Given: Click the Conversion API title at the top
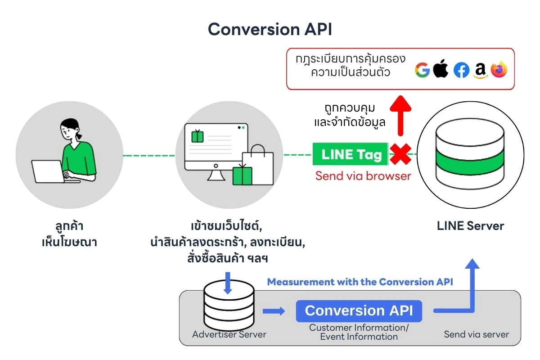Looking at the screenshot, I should (x=270, y=29).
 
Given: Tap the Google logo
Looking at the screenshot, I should (x=423, y=70).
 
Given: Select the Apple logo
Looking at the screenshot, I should (x=441, y=69).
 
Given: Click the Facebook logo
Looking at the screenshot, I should (x=461, y=70).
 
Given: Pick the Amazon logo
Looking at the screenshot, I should (x=480, y=71).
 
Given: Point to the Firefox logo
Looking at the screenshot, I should (x=499, y=70).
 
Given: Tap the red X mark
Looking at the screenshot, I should (x=400, y=155).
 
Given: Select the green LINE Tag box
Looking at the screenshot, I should (x=350, y=154).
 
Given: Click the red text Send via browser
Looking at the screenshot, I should (x=363, y=176).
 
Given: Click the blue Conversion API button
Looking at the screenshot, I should (x=359, y=311).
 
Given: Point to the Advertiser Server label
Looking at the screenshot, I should (x=229, y=334).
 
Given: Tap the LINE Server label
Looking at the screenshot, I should (x=470, y=226).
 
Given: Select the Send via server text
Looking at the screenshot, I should (x=476, y=334).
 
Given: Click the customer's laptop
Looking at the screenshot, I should (x=47, y=171).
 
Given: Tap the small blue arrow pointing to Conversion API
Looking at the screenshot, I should (x=274, y=311).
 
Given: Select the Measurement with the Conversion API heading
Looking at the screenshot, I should (x=360, y=282).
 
